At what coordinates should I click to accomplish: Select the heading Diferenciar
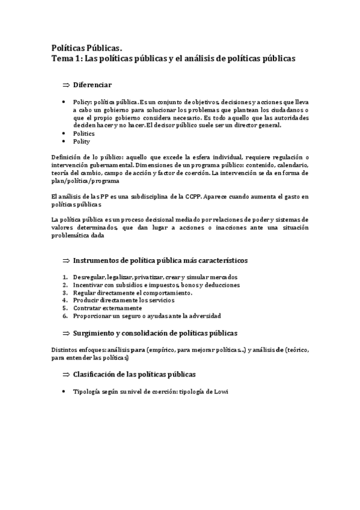(x=92, y=85)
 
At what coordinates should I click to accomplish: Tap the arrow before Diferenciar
(x=66, y=85)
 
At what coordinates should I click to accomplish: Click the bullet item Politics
(x=84, y=134)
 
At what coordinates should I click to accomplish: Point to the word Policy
(x=83, y=102)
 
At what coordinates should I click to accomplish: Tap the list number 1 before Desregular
(x=65, y=277)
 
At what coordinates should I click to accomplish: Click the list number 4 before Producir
(x=65, y=300)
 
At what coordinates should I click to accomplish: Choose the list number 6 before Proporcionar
(x=65, y=315)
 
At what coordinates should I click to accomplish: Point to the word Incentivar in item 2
(x=89, y=284)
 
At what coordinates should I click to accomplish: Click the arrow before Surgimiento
(x=66, y=333)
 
